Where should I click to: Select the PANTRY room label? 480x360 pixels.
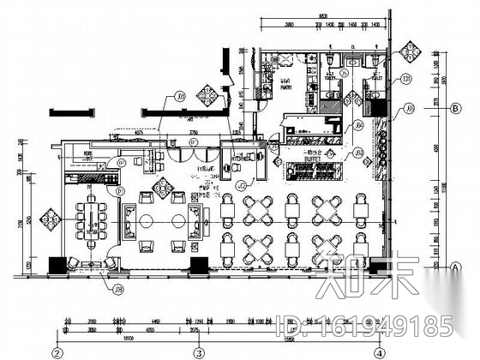286,84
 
